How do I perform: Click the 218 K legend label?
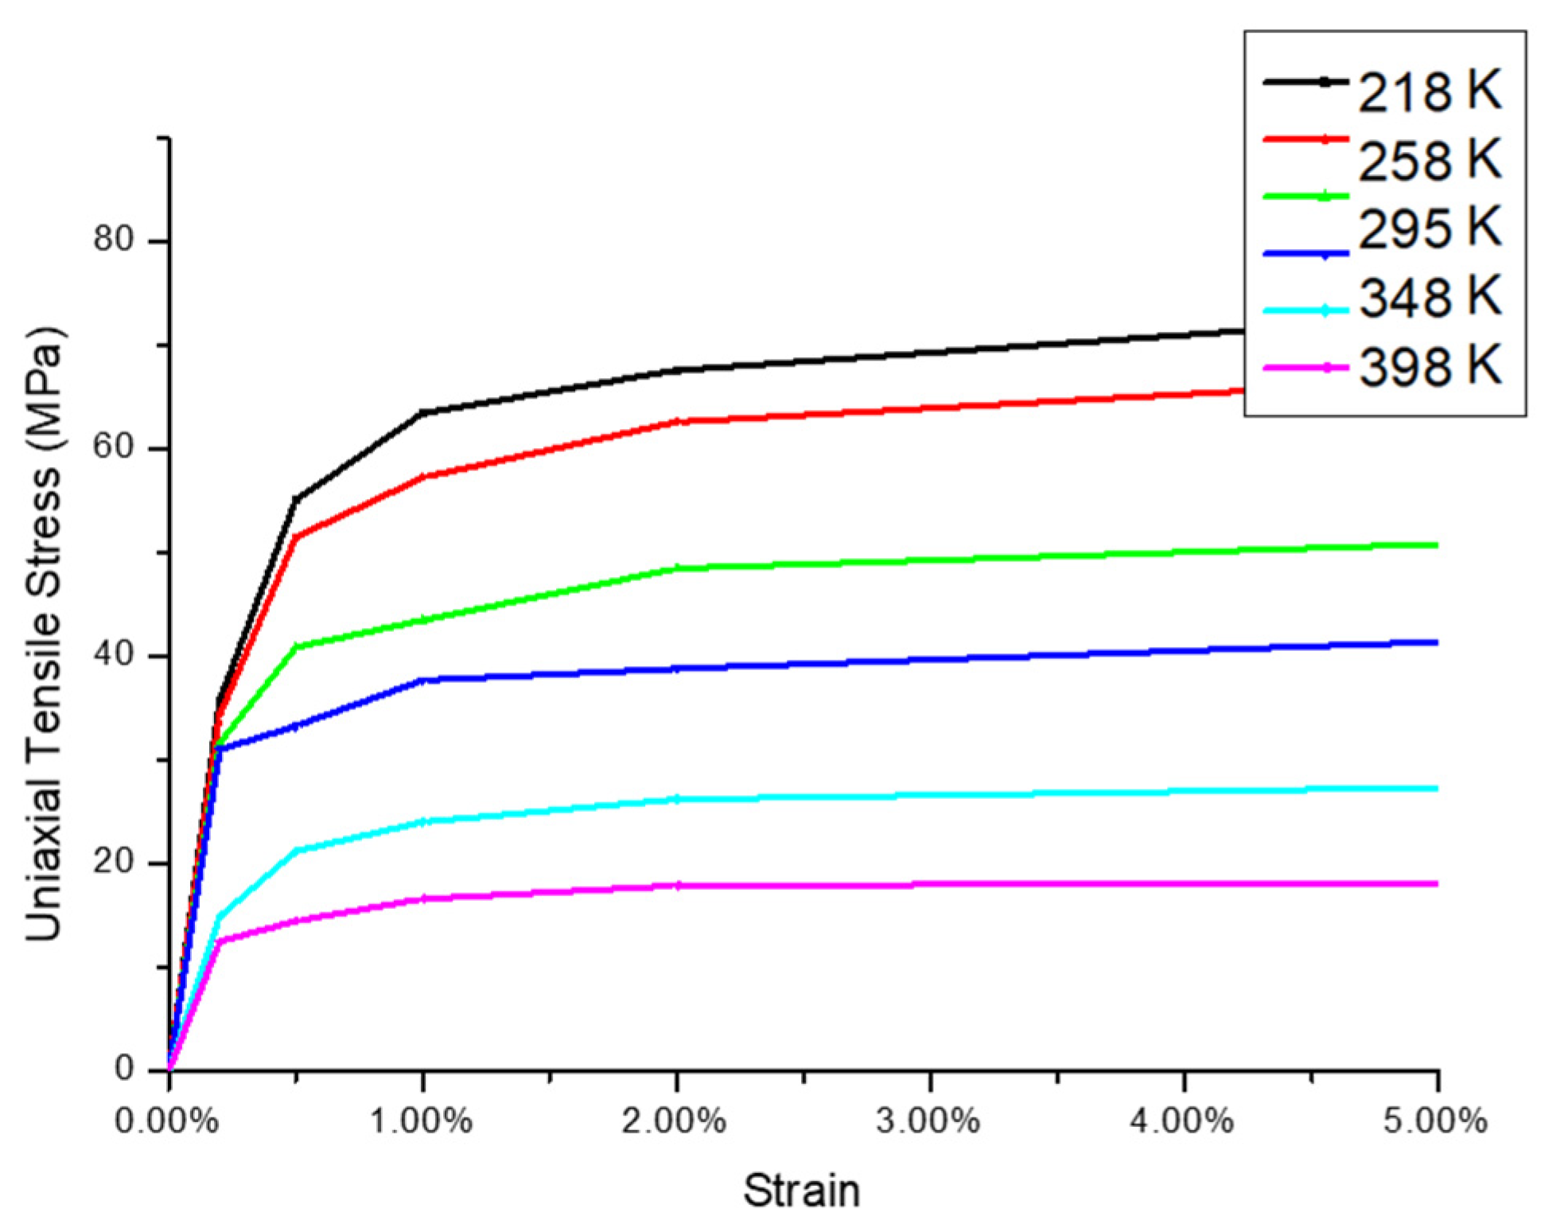1430,92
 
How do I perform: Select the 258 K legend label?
1430,161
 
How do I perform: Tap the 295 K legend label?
1430,228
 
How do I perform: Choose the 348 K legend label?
1430,298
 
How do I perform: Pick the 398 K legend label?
1430,367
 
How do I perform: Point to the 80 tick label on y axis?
113,239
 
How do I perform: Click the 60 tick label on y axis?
113,446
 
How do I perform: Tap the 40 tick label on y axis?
113,654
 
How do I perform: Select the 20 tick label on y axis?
113,862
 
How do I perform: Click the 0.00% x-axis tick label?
167,1121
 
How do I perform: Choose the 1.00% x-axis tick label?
422,1121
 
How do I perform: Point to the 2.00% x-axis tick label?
675,1121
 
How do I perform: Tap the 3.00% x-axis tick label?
928,1121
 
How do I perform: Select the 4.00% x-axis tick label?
1182,1121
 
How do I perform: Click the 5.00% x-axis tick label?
1435,1121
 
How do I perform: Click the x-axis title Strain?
802,1191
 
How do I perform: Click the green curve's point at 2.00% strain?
677,568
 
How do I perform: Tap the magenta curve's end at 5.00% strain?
1437,883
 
